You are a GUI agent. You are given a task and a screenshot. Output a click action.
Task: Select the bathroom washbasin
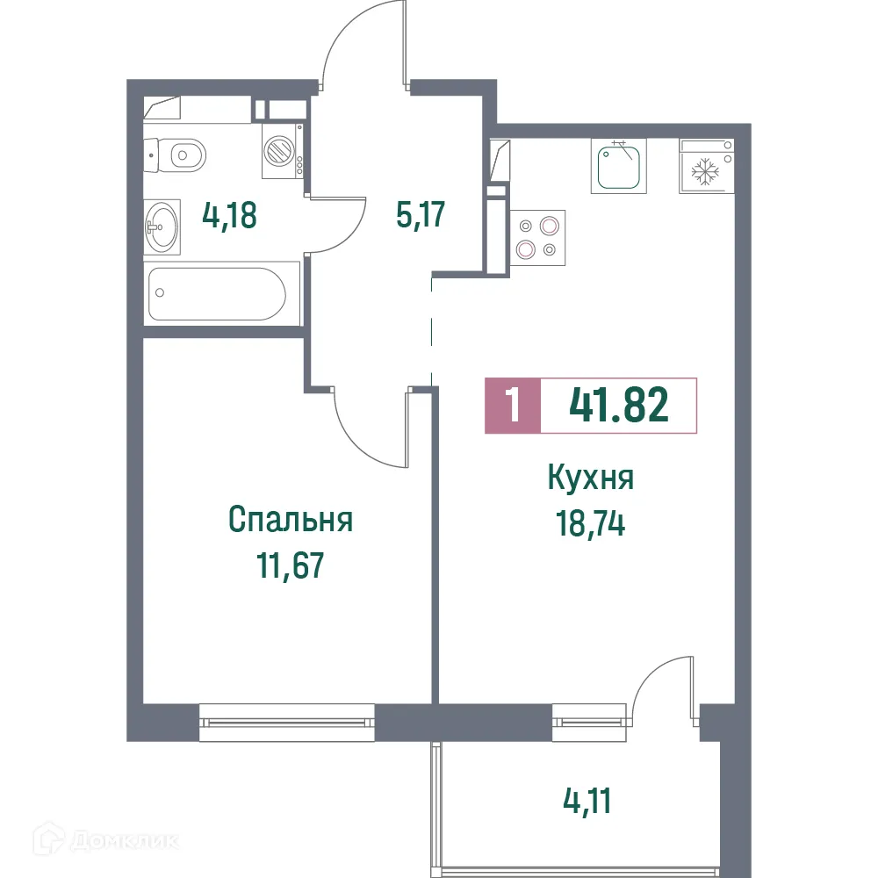tap(162, 227)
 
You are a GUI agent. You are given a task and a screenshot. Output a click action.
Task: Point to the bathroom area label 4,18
tap(229, 215)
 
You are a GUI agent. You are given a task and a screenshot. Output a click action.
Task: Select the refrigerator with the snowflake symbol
tap(705, 167)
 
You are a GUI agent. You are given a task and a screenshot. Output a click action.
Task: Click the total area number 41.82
tap(619, 406)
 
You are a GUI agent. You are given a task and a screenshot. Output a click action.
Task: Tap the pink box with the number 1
tap(513, 406)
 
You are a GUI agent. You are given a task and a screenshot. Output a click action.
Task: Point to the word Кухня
tap(591, 479)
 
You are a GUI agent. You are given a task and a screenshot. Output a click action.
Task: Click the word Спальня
tap(291, 520)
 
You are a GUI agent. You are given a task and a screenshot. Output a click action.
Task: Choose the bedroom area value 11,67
tap(291, 565)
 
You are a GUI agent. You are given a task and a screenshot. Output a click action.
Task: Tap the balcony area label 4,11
tap(587, 801)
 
